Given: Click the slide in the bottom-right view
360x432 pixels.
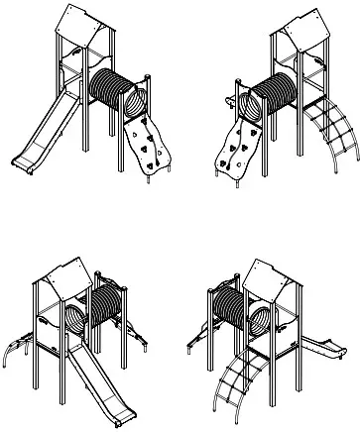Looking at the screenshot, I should [317, 347].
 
